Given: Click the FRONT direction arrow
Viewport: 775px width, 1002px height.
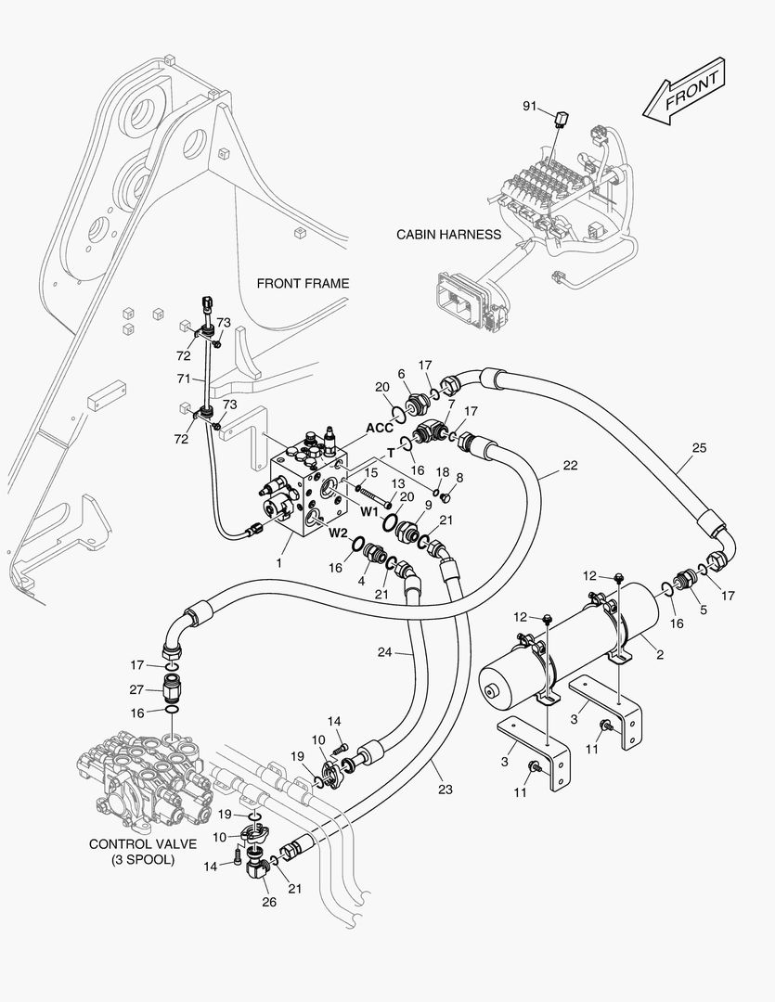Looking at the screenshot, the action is pyautogui.click(x=684, y=91).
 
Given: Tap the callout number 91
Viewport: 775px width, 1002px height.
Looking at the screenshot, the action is pyautogui.click(x=529, y=106).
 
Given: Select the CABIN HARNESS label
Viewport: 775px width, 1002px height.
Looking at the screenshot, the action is pyautogui.click(x=449, y=235).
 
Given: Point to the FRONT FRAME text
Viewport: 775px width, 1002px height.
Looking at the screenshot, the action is pyautogui.click(x=304, y=283).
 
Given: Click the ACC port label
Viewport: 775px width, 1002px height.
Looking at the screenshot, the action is pyautogui.click(x=380, y=428).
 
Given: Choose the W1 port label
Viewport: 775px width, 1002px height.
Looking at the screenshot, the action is pyautogui.click(x=370, y=511).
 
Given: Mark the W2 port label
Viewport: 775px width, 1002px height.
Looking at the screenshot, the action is pyautogui.click(x=338, y=533).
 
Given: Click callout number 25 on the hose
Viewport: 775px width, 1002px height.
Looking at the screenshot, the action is pyautogui.click(x=700, y=448).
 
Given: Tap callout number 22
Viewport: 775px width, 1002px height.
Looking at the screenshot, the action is pyautogui.click(x=570, y=465).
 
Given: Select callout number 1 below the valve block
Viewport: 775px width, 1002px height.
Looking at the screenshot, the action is pyautogui.click(x=278, y=563).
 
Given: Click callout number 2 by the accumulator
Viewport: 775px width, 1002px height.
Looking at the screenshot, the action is pyautogui.click(x=660, y=654).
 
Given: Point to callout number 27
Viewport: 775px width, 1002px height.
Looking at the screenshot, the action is pyautogui.click(x=136, y=689).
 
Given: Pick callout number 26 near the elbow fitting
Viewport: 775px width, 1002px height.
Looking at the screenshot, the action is pyautogui.click(x=269, y=902).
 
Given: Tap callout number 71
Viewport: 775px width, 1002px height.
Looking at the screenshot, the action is pyautogui.click(x=184, y=379).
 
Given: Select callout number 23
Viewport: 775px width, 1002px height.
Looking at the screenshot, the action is pyautogui.click(x=446, y=790).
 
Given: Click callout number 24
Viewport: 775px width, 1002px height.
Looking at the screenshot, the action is pyautogui.click(x=384, y=652).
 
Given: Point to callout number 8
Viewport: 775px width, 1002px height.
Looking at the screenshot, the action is pyautogui.click(x=459, y=478).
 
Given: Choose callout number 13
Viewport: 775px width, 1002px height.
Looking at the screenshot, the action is pyautogui.click(x=398, y=484).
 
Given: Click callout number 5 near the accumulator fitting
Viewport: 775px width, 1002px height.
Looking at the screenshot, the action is pyautogui.click(x=704, y=610).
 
